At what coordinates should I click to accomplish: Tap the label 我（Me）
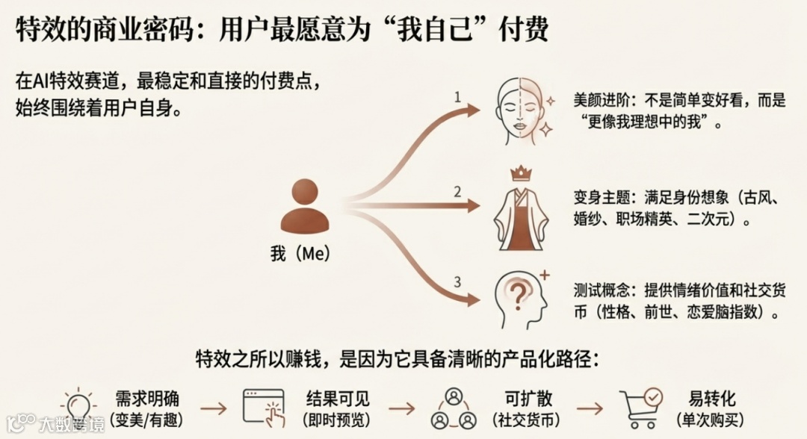(300, 254)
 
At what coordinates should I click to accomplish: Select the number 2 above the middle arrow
(457, 191)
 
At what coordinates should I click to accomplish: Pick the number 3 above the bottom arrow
(457, 281)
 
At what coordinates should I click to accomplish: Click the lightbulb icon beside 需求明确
(79, 407)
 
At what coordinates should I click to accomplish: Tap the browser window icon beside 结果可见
(263, 408)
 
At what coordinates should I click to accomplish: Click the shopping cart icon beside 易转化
(641, 408)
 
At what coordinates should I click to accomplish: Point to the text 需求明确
(147, 398)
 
